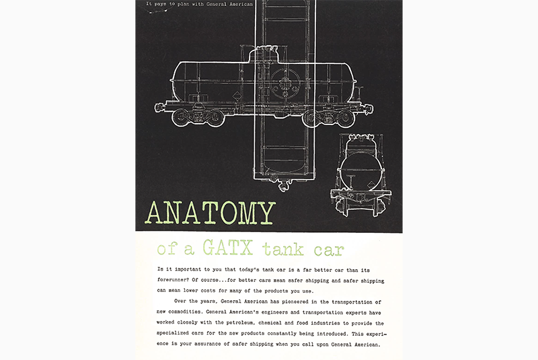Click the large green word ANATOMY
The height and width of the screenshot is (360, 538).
point(210,213)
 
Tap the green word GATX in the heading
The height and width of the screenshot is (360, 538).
point(228,247)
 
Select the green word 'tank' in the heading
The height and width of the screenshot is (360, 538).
point(283,249)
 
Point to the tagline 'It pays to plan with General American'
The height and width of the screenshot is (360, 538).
point(199,4)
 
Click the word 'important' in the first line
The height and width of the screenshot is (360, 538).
point(188,269)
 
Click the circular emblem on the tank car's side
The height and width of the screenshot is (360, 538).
point(284,83)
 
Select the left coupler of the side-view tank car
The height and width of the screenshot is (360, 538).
point(159,108)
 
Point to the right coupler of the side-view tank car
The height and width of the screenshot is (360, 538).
point(369,109)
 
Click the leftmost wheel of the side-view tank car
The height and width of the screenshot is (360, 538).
point(180,117)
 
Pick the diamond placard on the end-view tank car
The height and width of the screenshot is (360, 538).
point(372,185)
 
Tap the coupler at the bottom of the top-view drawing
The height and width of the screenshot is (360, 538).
point(284,186)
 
